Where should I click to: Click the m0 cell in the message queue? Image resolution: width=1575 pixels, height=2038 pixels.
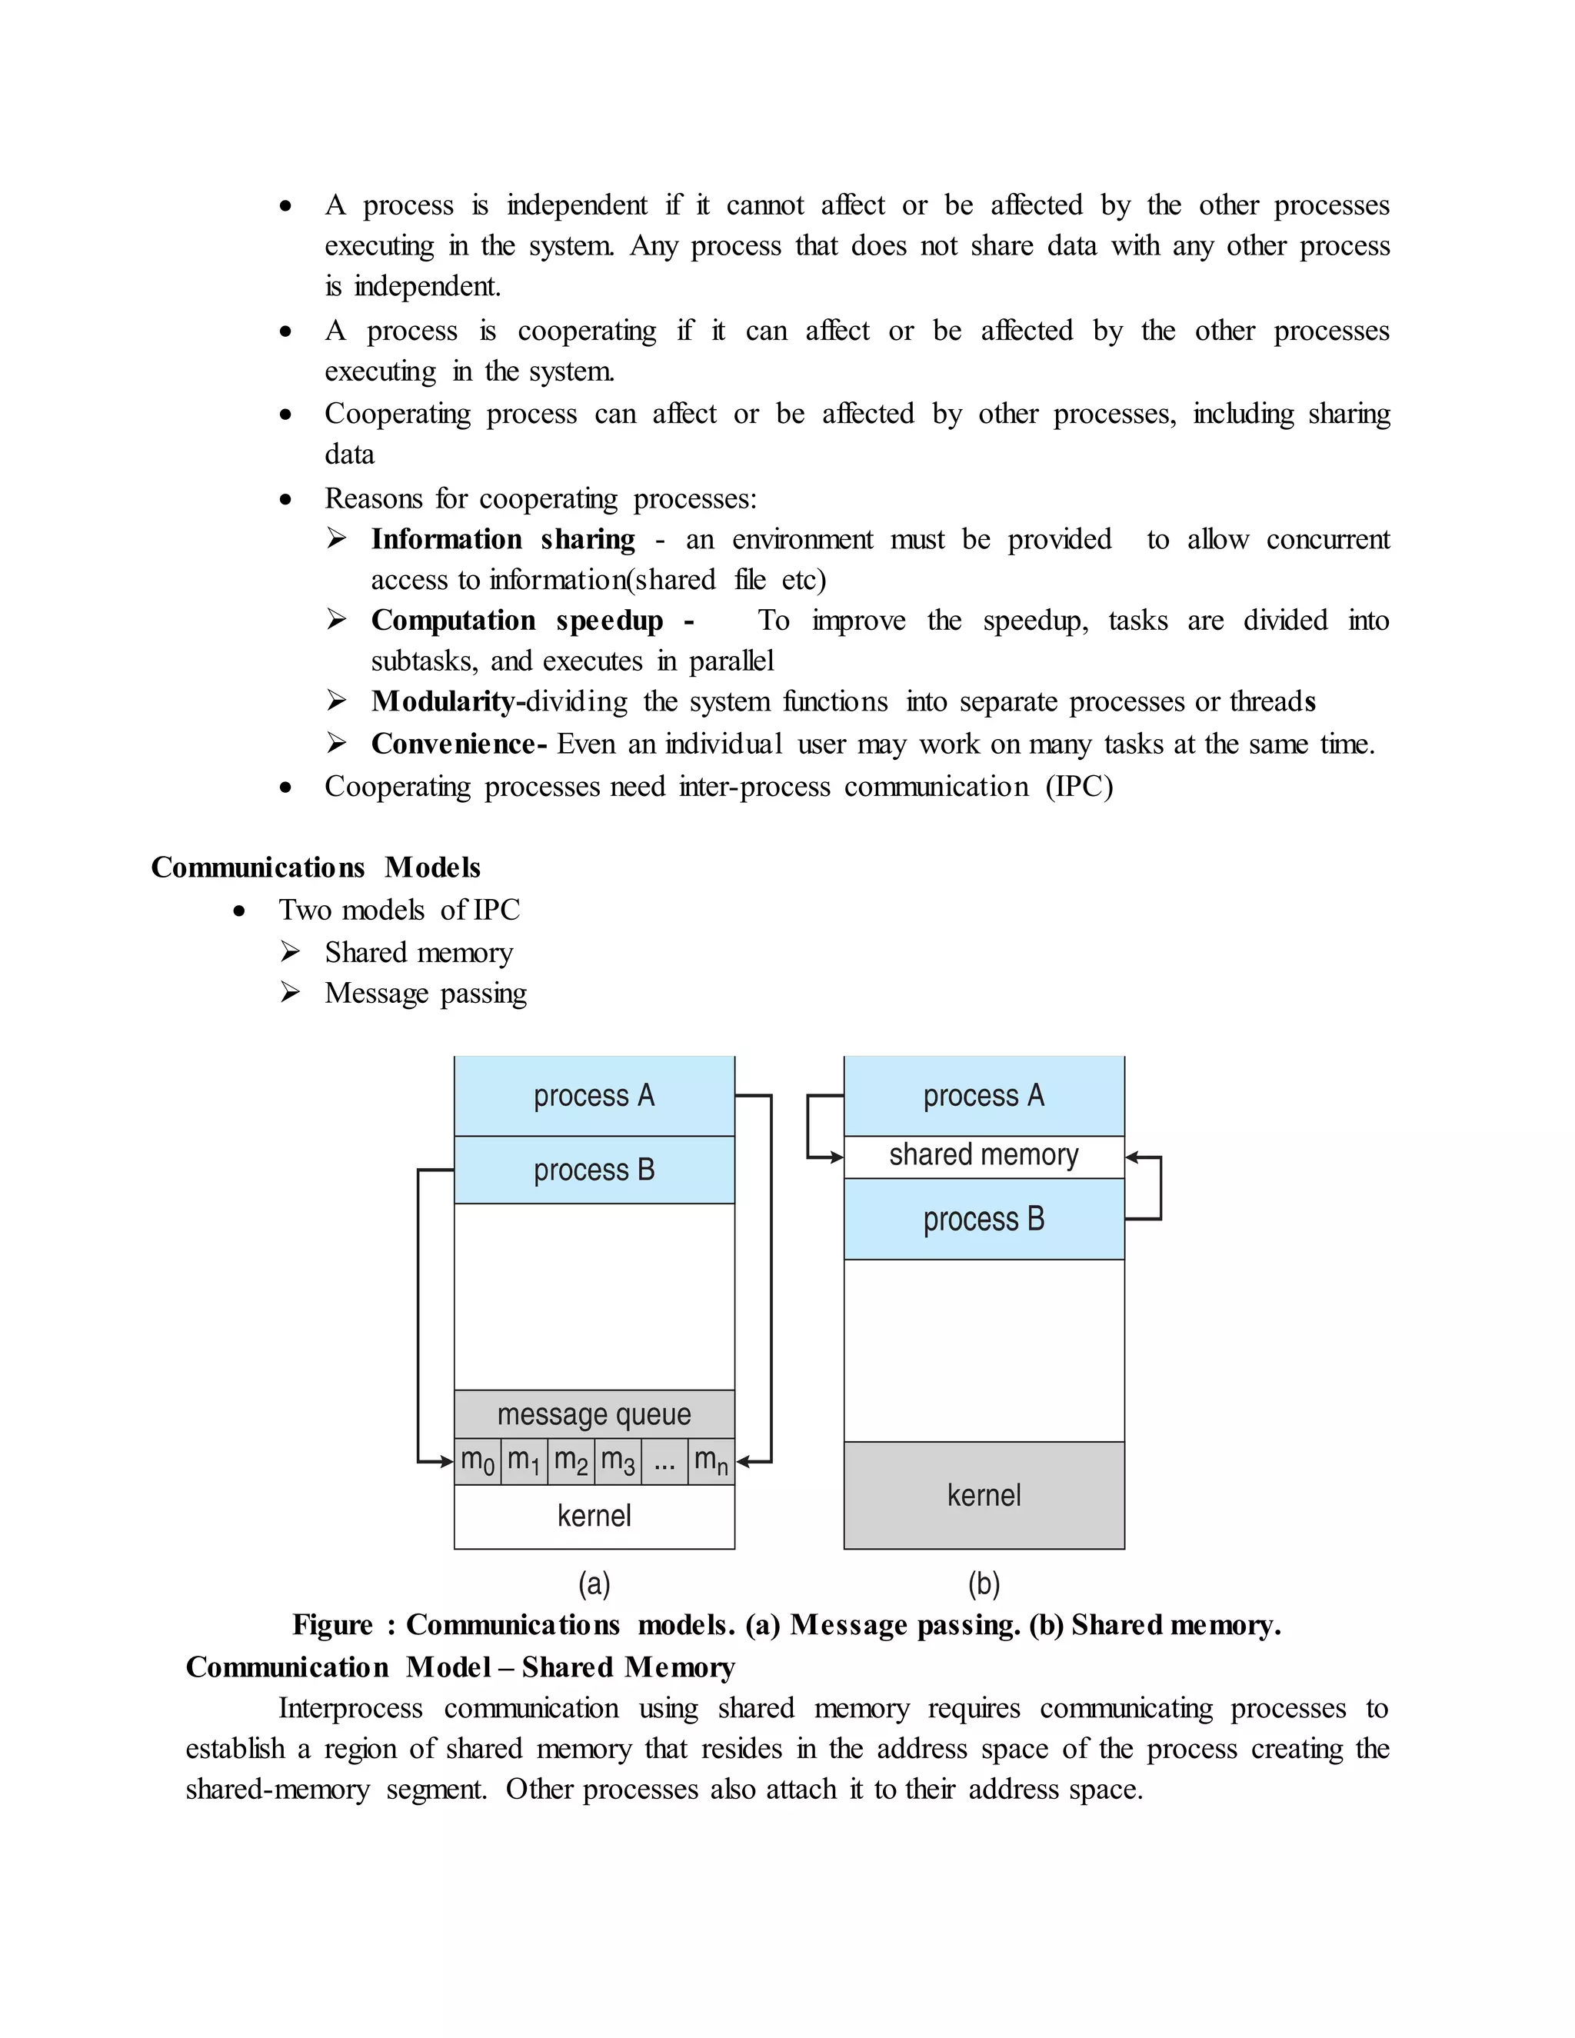click(478, 1461)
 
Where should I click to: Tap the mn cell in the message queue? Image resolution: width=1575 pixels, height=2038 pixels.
click(711, 1461)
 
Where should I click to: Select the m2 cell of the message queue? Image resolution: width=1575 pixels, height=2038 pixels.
click(571, 1461)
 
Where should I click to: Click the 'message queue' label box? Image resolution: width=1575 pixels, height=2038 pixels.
click(594, 1414)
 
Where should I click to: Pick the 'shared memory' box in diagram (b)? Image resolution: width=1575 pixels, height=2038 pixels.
click(984, 1156)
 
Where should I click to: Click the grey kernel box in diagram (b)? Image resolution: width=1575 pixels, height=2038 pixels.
click(984, 1496)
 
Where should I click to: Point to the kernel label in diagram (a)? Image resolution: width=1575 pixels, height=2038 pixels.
click(594, 1516)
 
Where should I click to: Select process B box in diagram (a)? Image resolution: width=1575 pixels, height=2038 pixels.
click(594, 1171)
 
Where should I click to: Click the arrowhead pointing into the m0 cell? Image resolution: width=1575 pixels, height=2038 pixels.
click(447, 1461)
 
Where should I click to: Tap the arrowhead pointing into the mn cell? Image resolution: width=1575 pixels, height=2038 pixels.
click(744, 1461)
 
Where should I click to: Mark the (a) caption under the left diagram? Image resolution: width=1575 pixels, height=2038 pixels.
click(594, 1583)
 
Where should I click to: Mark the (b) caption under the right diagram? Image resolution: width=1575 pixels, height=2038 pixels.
click(984, 1583)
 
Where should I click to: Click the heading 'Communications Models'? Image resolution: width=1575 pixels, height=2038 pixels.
click(315, 867)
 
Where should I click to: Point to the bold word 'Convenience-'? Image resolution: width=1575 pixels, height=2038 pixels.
click(458, 744)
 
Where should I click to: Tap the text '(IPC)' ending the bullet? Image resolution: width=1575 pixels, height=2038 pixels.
click(1080, 787)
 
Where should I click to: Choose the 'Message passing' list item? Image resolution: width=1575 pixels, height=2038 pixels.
click(425, 994)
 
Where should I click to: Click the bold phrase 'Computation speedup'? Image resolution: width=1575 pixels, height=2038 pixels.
click(517, 621)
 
